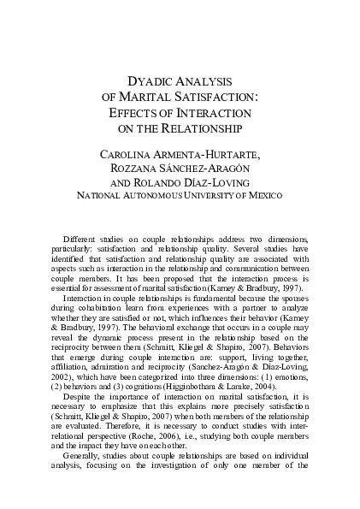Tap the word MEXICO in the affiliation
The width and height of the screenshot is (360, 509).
click(263, 195)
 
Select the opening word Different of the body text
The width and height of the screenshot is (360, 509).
click(81, 237)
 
